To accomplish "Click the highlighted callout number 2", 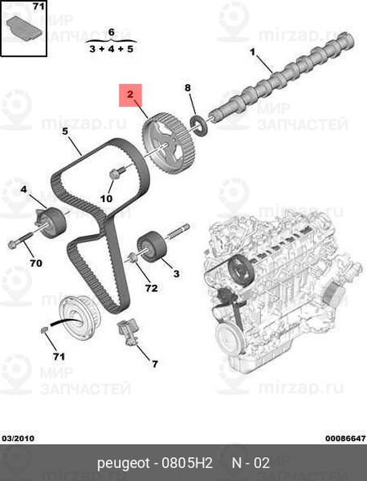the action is [130, 94].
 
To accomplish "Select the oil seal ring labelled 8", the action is [199, 125].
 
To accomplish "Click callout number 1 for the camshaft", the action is [253, 52].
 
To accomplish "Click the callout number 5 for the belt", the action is [65, 131].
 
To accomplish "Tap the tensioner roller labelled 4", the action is [50, 222].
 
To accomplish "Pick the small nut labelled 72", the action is [133, 257].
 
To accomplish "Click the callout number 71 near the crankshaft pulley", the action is [59, 357].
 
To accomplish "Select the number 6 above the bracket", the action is [112, 32].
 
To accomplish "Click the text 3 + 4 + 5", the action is [112, 48].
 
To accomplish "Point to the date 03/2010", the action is [18, 439].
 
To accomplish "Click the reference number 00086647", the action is [345, 439].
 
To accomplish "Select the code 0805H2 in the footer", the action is [187, 463].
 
